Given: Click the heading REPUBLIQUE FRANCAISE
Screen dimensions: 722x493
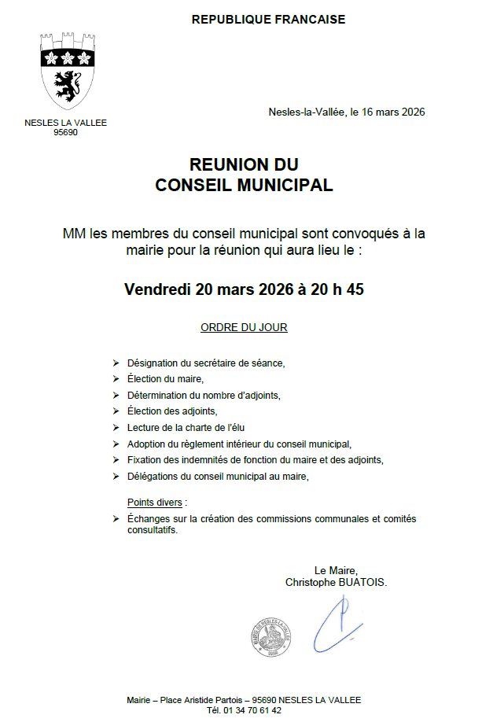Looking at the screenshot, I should (x=268, y=20).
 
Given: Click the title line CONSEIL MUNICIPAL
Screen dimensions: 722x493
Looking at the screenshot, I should (x=244, y=186).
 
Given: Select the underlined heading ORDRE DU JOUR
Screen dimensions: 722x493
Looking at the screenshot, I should (x=244, y=327).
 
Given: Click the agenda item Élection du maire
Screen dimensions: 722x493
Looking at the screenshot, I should (x=165, y=379).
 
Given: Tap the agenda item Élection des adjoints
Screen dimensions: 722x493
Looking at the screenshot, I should (x=171, y=411).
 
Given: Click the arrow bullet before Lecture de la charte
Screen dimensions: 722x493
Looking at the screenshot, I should (x=116, y=428).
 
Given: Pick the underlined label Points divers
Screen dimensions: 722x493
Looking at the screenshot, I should (x=157, y=502).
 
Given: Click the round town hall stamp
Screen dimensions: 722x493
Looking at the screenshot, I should (x=272, y=635).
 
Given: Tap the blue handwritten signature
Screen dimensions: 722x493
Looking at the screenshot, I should (x=338, y=621).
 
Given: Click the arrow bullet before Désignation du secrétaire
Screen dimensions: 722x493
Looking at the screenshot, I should (x=116, y=363).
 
